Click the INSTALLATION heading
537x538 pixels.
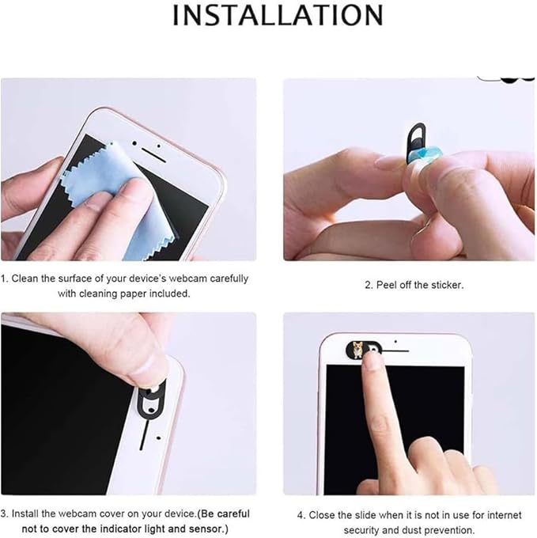pos(278,15)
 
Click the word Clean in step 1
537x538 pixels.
pos(27,278)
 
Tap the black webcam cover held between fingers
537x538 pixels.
pos(413,143)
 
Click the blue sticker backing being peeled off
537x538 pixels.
pos(425,161)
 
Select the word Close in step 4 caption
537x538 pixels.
pos(323,515)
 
